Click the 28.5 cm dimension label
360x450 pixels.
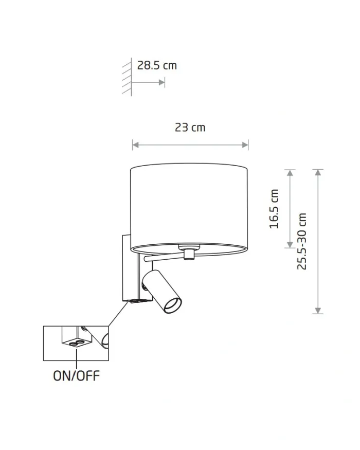tap(157, 65)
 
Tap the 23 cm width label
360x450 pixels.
tap(190, 128)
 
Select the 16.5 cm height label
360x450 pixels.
tap(274, 209)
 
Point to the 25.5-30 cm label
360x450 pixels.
tap(302, 241)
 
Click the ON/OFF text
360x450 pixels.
tap(76, 375)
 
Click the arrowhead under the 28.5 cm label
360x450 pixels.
tap(161, 83)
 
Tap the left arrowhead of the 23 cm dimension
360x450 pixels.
tap(135, 145)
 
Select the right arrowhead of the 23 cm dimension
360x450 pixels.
tap(245, 145)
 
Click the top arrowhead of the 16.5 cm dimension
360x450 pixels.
tap(290, 172)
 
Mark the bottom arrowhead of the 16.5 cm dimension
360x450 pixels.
tap(290, 244)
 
